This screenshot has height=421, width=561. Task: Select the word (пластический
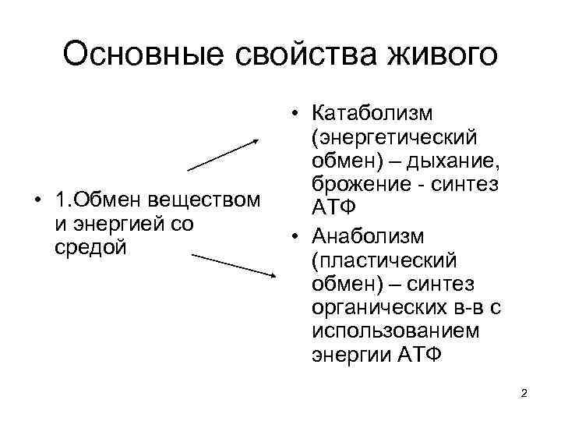coord(383,259)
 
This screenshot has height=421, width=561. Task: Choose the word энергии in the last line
coord(351,356)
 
